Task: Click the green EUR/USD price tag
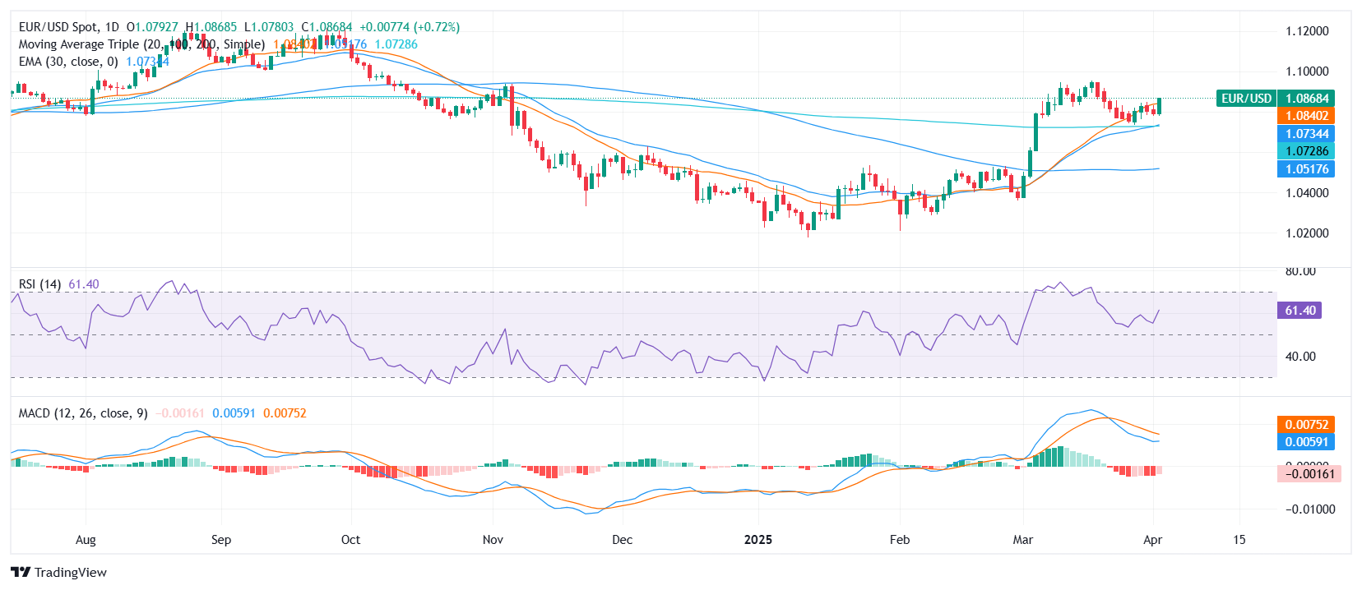tap(1246, 99)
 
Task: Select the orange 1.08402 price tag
tap(1307, 116)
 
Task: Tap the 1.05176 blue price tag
tap(1307, 169)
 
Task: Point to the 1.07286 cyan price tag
tap(1307, 151)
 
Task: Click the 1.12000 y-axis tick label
tap(1307, 31)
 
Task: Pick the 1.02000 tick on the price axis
tap(1307, 233)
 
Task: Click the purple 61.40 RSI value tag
tap(1299, 311)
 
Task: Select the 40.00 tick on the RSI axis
tap(1300, 357)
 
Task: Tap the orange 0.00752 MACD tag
tap(1307, 425)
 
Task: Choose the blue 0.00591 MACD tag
tap(1307, 442)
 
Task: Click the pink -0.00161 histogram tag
tap(1309, 474)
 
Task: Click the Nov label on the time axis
tap(493, 540)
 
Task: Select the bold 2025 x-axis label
tap(757, 540)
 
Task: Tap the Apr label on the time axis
tap(1152, 540)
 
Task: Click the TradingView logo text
tap(70, 573)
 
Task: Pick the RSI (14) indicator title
tap(39, 284)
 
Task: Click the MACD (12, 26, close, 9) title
tap(83, 413)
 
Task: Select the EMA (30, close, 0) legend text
tap(68, 62)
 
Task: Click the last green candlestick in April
tap(1160, 106)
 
